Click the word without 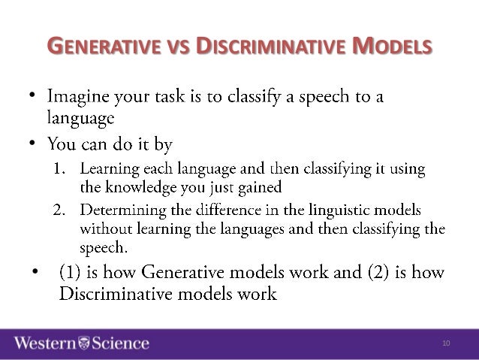tap(104, 227)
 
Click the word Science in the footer tap(119, 343)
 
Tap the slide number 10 tap(446, 344)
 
